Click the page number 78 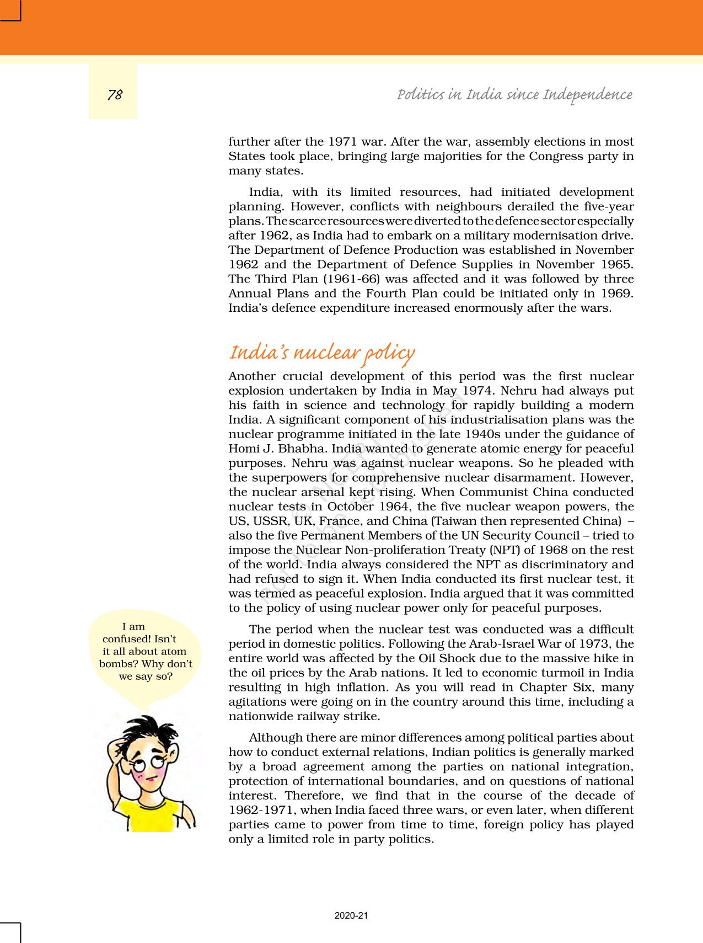[x=115, y=95]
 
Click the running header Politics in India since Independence [x=514, y=94]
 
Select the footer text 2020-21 [x=351, y=915]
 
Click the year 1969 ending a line [x=617, y=293]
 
